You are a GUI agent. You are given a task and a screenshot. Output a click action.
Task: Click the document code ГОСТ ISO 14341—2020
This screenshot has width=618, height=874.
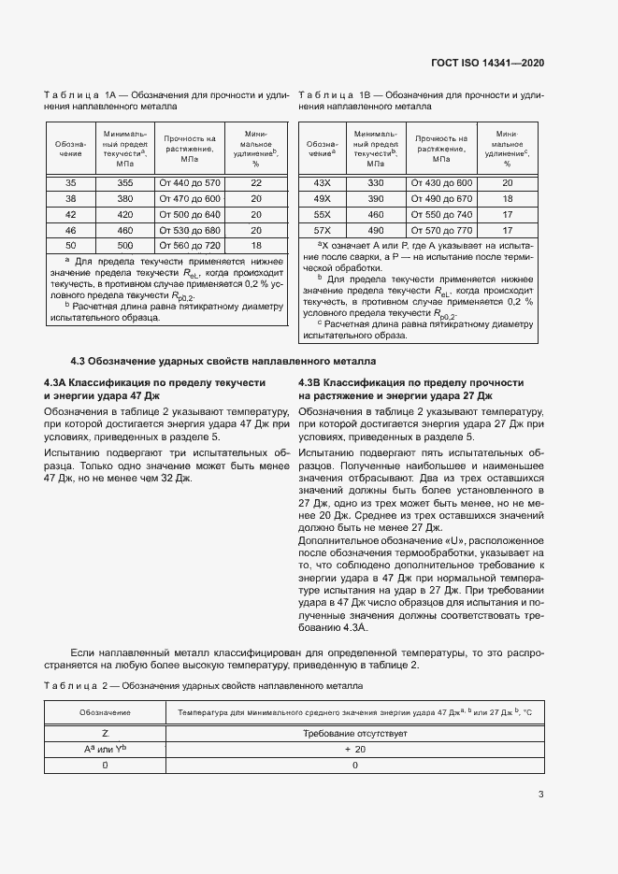[x=487, y=63]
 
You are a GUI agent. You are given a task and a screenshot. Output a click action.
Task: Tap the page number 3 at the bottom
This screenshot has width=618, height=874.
[x=540, y=795]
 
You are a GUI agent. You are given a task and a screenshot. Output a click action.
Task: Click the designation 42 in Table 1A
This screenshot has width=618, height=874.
[x=70, y=215]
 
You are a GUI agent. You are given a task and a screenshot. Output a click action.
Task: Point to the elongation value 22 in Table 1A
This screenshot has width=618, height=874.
[x=256, y=183]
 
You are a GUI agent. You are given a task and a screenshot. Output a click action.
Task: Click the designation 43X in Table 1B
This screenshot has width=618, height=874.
[x=322, y=183]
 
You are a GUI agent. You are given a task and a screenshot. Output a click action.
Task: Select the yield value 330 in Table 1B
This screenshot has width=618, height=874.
[x=376, y=183]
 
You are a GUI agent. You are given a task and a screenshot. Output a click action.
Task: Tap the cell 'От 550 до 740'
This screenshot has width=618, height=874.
[x=441, y=214]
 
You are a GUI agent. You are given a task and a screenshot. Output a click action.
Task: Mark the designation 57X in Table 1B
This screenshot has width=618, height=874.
[x=322, y=230]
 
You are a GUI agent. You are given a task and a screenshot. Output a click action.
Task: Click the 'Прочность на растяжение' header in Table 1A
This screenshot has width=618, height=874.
[x=190, y=148]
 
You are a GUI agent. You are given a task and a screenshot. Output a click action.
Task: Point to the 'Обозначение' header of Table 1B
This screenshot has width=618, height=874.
[x=322, y=148]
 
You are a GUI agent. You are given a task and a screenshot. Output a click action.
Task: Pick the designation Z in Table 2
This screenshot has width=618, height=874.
[x=105, y=734]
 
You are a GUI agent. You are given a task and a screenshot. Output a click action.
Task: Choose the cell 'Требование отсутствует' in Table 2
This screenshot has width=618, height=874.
[x=354, y=734]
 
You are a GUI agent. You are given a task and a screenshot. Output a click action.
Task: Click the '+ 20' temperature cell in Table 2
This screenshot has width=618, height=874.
[x=354, y=750]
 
